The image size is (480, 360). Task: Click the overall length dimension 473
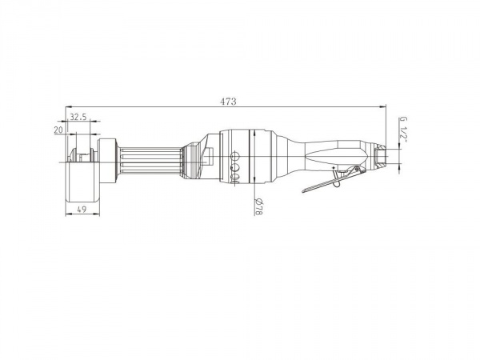(228, 102)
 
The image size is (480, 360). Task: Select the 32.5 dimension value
(78, 117)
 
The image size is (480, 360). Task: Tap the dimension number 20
(58, 130)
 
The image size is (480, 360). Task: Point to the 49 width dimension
(82, 210)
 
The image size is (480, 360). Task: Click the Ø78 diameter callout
(258, 206)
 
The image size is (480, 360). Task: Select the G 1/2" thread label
(404, 128)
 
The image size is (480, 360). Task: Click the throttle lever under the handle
(333, 180)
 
